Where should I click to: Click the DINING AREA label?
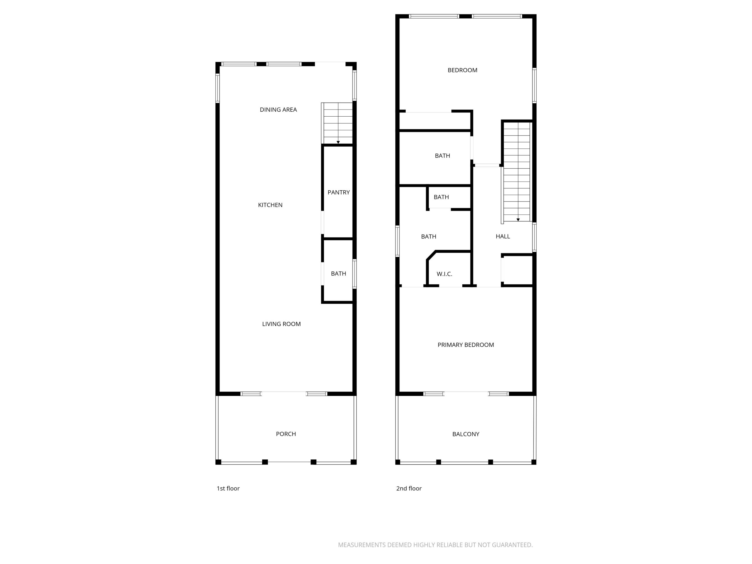(x=278, y=110)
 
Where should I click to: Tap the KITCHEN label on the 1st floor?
(x=270, y=205)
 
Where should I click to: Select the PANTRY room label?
(x=338, y=192)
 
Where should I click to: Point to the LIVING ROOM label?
(x=281, y=324)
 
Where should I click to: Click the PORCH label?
(x=286, y=434)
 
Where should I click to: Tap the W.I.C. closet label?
(x=444, y=274)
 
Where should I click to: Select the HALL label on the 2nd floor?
(x=503, y=236)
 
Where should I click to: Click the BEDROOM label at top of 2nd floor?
(x=462, y=70)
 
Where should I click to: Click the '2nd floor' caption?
(x=409, y=489)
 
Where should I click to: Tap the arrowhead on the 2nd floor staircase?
(x=518, y=220)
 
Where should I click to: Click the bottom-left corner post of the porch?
(x=218, y=462)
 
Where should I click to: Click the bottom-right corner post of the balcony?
(x=533, y=462)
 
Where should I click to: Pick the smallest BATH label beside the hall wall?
(x=441, y=197)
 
